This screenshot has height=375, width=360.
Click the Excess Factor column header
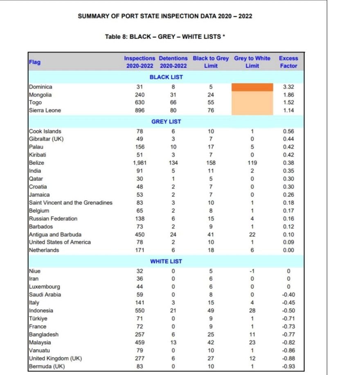(288, 62)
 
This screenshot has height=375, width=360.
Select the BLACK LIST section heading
(166, 77)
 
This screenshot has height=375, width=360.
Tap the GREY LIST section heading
(166, 121)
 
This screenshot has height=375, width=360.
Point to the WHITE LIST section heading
(166, 261)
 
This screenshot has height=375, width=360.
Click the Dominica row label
(40, 87)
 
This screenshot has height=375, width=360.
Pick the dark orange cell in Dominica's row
(252, 87)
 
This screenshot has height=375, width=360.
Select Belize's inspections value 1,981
(139, 163)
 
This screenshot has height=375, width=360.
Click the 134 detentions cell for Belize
(173, 163)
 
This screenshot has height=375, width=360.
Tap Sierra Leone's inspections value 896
(139, 110)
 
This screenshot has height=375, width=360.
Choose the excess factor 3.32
(288, 87)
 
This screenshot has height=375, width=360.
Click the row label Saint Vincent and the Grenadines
(70, 202)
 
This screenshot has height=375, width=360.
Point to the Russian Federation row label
(53, 218)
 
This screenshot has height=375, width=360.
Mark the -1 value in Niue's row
(252, 271)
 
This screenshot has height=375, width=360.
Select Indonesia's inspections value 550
(139, 310)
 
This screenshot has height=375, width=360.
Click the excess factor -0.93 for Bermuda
(288, 366)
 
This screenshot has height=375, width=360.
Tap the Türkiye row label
(37, 318)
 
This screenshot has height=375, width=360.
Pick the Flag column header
(35, 62)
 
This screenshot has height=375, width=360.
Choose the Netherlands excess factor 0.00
(288, 250)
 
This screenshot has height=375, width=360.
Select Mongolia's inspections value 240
(139, 95)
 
